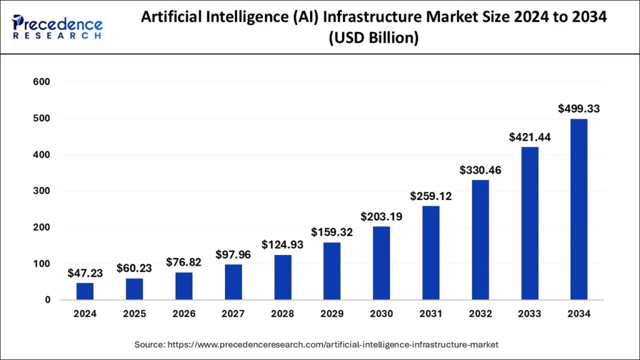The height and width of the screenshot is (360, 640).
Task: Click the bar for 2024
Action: [x=85, y=291]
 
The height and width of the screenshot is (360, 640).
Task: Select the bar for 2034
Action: [x=579, y=209]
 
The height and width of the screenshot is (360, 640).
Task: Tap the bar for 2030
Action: [x=381, y=263]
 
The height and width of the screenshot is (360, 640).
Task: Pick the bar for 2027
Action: [x=233, y=282]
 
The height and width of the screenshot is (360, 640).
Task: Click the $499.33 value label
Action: [x=579, y=109]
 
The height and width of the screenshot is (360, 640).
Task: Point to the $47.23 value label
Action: [x=85, y=273]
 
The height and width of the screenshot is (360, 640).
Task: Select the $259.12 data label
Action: [x=431, y=196]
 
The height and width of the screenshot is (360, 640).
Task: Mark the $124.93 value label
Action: [x=282, y=244]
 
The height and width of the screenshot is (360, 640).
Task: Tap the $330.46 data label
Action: [x=480, y=170]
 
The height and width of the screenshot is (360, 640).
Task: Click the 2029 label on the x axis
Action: [x=332, y=314]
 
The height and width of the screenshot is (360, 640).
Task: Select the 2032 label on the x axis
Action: [x=480, y=314]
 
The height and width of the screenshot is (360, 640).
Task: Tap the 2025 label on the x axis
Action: [x=134, y=314]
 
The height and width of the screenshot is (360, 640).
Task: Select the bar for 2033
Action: [x=529, y=223]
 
